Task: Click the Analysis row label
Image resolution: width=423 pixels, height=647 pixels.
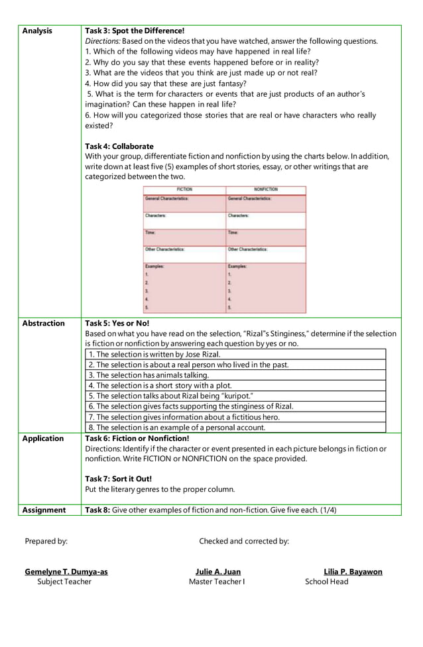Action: pos(37,30)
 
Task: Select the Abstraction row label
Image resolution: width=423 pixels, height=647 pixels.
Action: pos(44,323)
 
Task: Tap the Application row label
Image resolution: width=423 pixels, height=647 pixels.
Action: pos(43,439)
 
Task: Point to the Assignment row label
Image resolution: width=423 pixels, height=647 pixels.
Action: pos(44,510)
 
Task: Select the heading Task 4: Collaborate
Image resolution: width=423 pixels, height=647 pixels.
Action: pos(119,146)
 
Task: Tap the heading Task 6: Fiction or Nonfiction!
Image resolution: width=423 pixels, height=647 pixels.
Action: pos(137,439)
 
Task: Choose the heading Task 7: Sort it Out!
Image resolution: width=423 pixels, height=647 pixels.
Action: pos(119,479)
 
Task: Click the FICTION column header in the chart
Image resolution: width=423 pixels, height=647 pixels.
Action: pos(184,190)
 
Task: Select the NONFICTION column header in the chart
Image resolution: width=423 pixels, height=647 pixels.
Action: pos(266,190)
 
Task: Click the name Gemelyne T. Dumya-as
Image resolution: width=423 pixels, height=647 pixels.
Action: pos(66,571)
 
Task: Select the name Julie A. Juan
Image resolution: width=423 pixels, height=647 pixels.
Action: pos(218,571)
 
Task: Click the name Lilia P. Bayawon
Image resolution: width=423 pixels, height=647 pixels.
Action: pos(353,571)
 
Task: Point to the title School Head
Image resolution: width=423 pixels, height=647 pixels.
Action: pos(326,582)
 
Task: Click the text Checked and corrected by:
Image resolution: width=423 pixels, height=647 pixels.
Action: pos(244,541)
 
